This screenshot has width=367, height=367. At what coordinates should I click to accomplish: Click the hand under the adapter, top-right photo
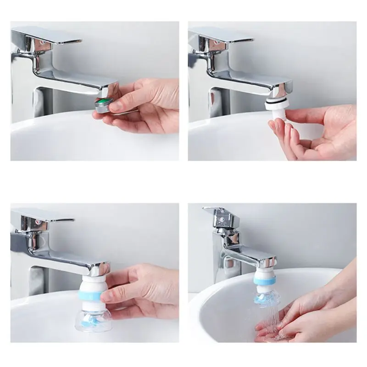tap(317, 133)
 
